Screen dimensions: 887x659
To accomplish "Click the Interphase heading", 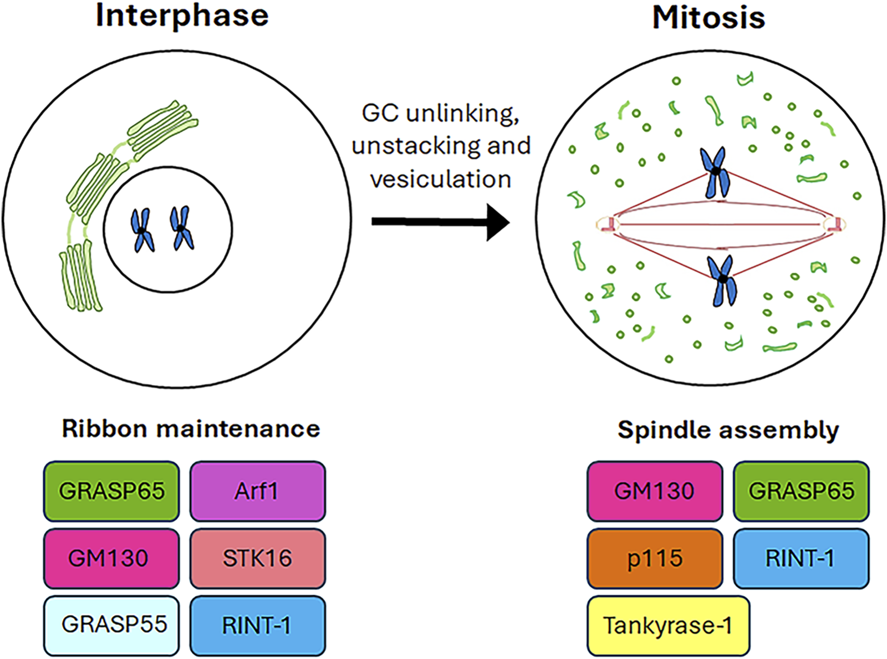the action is tap(182, 17).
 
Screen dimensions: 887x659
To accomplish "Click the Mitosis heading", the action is tap(708, 18).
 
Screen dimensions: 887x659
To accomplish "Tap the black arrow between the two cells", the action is tap(441, 222).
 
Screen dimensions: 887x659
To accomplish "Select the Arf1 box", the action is tap(258, 491).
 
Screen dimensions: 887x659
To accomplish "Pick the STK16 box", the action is tap(258, 558).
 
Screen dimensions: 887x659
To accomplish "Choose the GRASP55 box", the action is tap(111, 625).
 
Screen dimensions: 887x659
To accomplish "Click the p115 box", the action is tap(655, 558).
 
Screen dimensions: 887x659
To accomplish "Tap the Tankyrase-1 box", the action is tap(668, 625).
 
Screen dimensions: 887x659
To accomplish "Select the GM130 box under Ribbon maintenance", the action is tap(111, 558).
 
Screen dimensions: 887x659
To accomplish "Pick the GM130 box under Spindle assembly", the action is tap(655, 491).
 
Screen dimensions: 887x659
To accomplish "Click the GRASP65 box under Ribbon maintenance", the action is tap(111, 491).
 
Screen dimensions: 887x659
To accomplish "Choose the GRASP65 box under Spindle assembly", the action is tap(802, 491).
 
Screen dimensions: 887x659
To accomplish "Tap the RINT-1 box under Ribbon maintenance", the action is tap(258, 625).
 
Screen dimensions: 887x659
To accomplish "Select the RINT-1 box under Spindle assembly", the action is tap(802, 558).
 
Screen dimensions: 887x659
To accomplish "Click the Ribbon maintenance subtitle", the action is tap(191, 428).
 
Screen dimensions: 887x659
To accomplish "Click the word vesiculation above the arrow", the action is tap(441, 179).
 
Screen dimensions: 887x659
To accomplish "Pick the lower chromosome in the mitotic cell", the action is tap(722, 280).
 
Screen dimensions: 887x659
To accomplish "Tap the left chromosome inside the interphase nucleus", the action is tap(142, 229).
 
